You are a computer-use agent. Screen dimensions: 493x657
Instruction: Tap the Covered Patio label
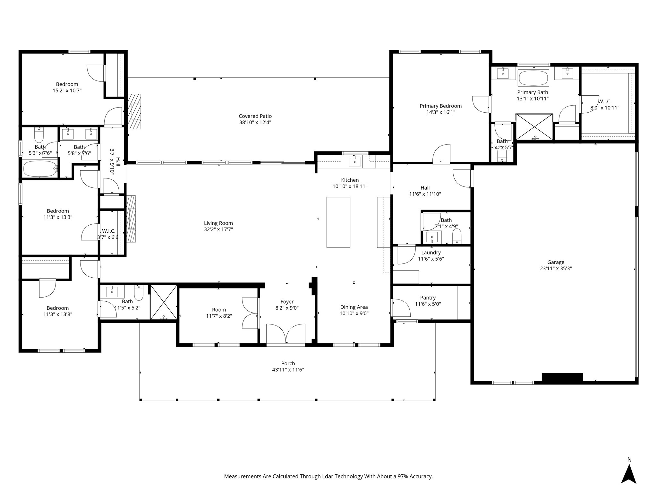pyautogui.click(x=255, y=116)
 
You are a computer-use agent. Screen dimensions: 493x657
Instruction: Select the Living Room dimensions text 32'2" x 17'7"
pyautogui.click(x=218, y=229)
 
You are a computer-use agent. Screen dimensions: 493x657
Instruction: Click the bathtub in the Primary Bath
pyautogui.click(x=533, y=78)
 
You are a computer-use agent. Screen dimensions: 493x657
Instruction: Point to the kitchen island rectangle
pyautogui.click(x=338, y=222)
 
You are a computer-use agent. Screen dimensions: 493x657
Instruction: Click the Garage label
pyautogui.click(x=556, y=262)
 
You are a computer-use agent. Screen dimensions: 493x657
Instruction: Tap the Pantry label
pyautogui.click(x=428, y=298)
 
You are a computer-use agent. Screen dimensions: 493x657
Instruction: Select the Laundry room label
pyautogui.click(x=431, y=253)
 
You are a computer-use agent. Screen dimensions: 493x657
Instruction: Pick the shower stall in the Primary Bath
pyautogui.click(x=534, y=126)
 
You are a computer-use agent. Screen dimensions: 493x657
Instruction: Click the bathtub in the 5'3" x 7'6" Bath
pyautogui.click(x=40, y=169)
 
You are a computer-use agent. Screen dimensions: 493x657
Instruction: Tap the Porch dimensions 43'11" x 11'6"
pyautogui.click(x=288, y=370)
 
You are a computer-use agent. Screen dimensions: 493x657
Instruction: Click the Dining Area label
pyautogui.click(x=354, y=307)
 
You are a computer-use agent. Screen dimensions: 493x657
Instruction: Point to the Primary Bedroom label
pyautogui.click(x=440, y=106)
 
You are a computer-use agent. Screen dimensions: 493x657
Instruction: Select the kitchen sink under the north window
pyautogui.click(x=354, y=161)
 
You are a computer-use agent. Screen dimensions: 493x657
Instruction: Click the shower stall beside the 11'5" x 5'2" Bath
pyautogui.click(x=164, y=302)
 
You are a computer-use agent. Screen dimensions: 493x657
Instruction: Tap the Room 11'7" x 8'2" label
pyautogui.click(x=219, y=310)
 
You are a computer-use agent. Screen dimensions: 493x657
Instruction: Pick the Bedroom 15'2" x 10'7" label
pyautogui.click(x=67, y=84)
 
